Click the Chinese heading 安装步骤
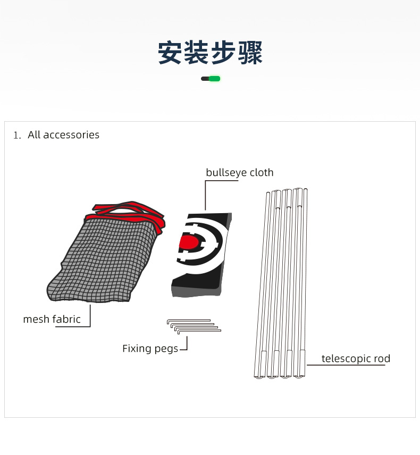(x=210, y=53)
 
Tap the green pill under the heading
(x=214, y=79)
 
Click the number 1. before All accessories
(x=17, y=135)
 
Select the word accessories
(x=71, y=135)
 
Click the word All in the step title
(x=34, y=134)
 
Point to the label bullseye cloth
(x=239, y=173)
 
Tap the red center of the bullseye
(x=189, y=242)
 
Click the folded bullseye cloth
(x=201, y=255)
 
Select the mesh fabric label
(x=52, y=319)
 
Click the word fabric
(x=66, y=319)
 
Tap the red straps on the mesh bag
(x=128, y=213)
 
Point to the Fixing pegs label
(x=150, y=349)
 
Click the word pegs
(x=166, y=349)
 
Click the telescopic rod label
(x=356, y=359)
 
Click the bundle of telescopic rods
(x=281, y=283)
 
